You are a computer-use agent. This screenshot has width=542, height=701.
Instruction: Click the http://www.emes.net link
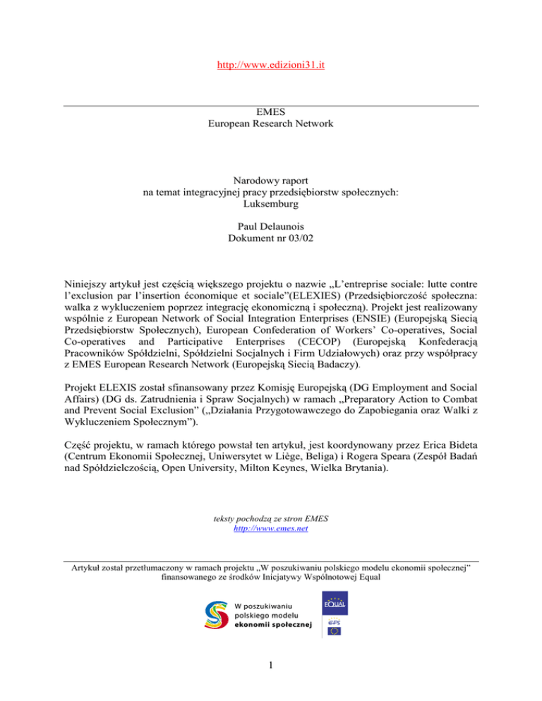[x=271, y=528]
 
